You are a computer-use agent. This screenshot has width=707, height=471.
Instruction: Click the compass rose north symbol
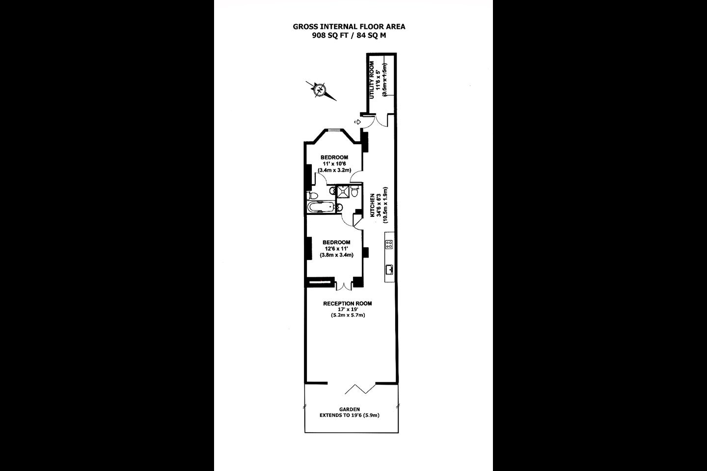[320, 90]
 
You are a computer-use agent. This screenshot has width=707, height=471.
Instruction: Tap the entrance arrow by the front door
[357, 122]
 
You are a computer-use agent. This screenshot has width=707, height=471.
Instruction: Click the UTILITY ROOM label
[372, 80]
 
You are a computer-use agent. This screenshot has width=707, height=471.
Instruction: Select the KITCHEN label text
[372, 206]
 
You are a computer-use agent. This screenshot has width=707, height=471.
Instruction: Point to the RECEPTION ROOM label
[348, 304]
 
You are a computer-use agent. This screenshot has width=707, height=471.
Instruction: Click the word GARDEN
[350, 409]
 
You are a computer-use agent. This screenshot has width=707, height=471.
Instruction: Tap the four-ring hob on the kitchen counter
[389, 244]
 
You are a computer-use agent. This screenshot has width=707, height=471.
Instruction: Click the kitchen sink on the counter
[389, 269]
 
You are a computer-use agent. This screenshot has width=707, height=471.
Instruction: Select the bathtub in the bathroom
[320, 207]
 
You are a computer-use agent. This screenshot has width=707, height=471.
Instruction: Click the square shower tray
[343, 192]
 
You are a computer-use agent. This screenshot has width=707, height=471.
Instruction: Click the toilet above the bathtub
[312, 195]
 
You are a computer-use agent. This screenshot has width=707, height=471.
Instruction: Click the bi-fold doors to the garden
[360, 389]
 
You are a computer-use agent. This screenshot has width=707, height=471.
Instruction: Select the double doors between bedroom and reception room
[344, 286]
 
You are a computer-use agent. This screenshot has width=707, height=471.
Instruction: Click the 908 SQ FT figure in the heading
[330, 35]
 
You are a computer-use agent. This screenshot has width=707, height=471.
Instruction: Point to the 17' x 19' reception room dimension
[348, 310]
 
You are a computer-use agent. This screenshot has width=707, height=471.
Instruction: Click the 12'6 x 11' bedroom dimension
[336, 249]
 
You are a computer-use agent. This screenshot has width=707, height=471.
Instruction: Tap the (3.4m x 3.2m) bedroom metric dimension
[334, 170]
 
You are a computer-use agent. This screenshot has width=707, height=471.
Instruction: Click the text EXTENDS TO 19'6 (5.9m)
[350, 416]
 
